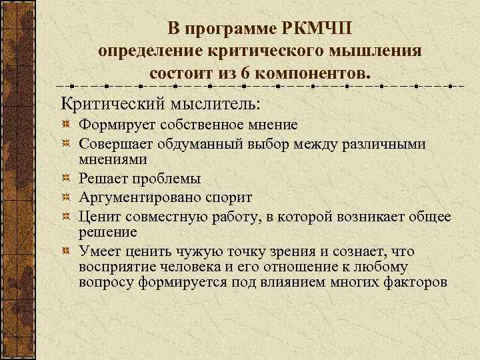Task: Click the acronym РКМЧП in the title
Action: click(x=319, y=29)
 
